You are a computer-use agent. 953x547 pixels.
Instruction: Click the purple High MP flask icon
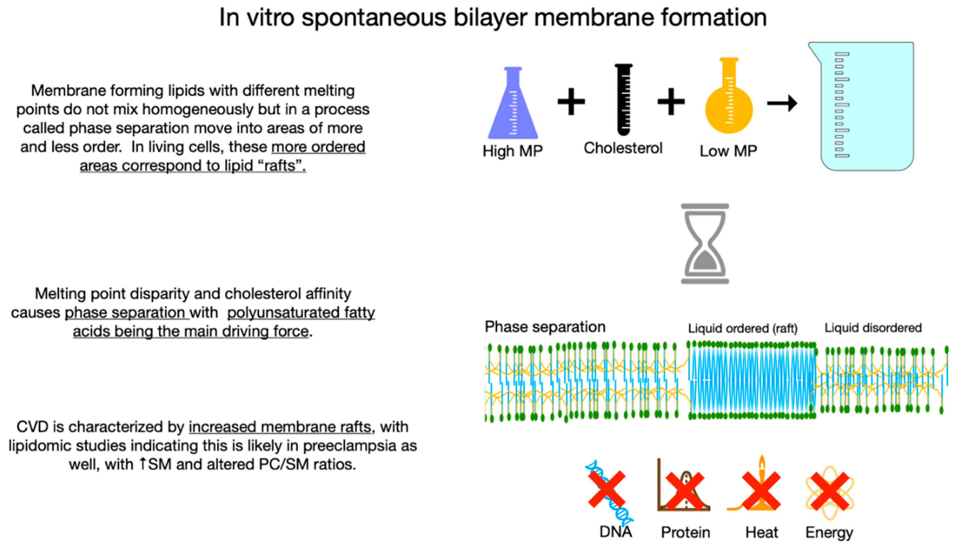[x=513, y=107]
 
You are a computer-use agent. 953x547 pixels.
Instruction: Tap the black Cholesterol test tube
[x=624, y=100]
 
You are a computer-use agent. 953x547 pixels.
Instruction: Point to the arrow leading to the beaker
[x=782, y=103]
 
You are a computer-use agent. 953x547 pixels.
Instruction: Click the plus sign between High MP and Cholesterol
[x=571, y=101]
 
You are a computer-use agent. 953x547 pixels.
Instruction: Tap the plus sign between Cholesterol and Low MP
[x=671, y=101]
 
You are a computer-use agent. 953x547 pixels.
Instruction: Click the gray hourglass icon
[x=705, y=243]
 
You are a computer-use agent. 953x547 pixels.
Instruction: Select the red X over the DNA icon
[x=606, y=489]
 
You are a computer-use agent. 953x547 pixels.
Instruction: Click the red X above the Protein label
[x=685, y=491]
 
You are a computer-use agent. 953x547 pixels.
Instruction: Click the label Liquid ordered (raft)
[x=742, y=328]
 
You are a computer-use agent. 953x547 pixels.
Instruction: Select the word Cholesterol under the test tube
[x=623, y=148]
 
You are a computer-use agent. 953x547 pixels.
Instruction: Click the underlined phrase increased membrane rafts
[x=280, y=427]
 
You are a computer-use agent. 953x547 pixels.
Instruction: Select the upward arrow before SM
[x=143, y=464]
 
